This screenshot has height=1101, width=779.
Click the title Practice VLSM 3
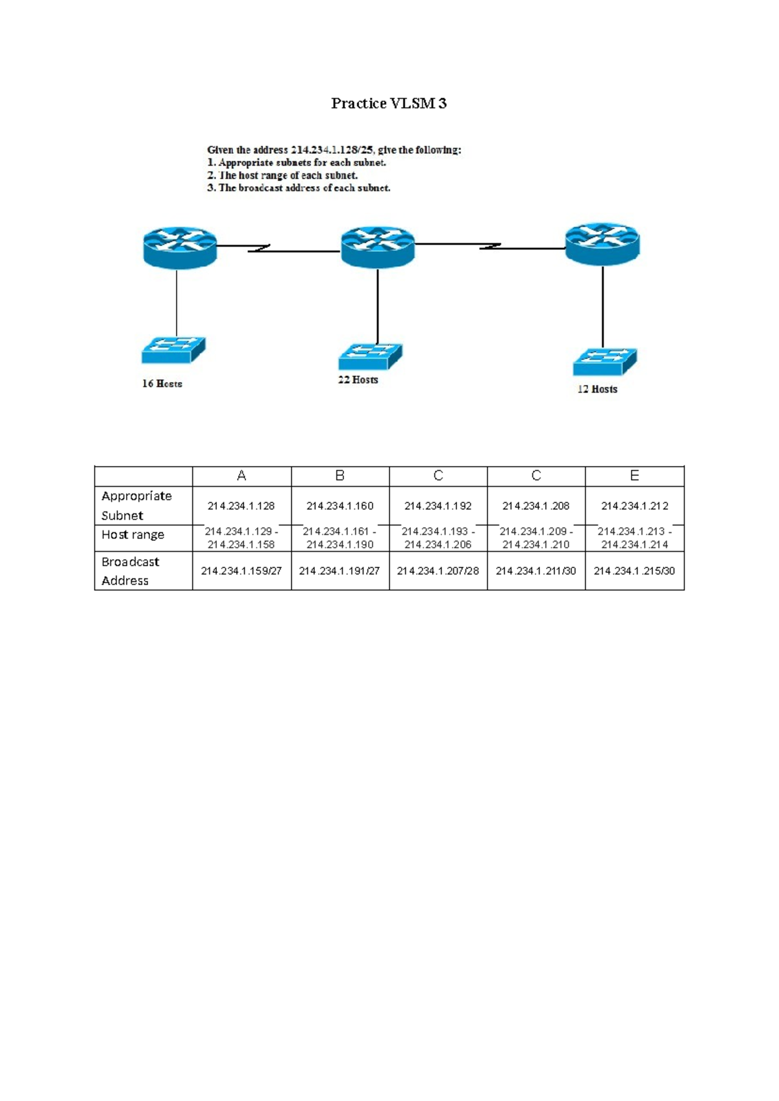(x=389, y=103)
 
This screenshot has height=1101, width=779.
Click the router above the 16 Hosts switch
(x=180, y=247)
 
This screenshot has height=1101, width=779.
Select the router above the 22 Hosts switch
(x=377, y=247)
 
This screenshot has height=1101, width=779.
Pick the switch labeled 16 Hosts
(x=173, y=350)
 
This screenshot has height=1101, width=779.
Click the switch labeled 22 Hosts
(x=370, y=356)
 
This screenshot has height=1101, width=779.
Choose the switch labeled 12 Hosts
(x=604, y=362)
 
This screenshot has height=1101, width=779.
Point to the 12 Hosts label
(x=597, y=389)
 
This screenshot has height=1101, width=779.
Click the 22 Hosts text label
(x=358, y=380)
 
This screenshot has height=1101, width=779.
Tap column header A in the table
(x=241, y=476)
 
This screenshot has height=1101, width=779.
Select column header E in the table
(x=634, y=476)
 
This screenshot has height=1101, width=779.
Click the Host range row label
(x=133, y=535)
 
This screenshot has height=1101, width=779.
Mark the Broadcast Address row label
(x=130, y=571)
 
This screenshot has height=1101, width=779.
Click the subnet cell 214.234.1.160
(x=340, y=506)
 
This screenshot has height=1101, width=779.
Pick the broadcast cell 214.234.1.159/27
(x=241, y=571)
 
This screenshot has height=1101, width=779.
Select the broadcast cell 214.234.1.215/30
(x=634, y=571)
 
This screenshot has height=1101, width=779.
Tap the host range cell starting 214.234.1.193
(x=438, y=538)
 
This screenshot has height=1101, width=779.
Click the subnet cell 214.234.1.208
(x=536, y=506)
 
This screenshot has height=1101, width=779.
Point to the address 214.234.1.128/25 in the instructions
(x=332, y=150)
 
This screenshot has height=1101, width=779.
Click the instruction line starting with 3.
(x=299, y=188)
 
